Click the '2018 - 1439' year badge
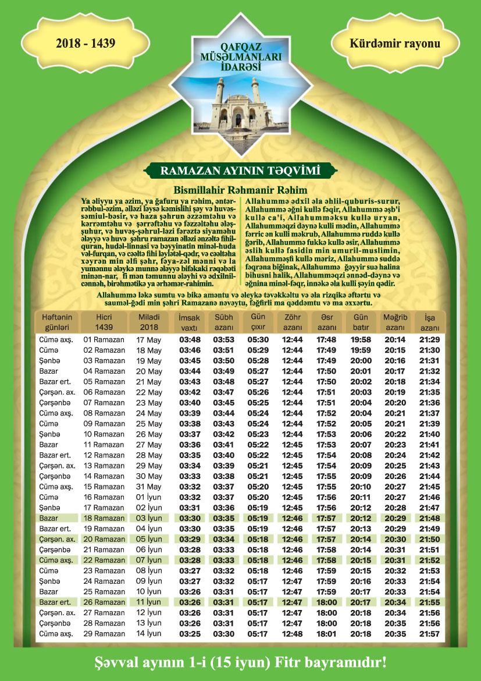point(85,44)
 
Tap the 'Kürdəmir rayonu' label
point(395,44)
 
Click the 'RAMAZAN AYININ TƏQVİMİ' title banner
point(240,171)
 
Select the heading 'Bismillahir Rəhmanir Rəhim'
point(240,190)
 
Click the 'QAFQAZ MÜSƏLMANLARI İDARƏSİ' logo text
point(240,59)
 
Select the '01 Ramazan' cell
point(104,339)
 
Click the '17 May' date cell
point(149,339)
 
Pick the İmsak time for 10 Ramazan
point(190,434)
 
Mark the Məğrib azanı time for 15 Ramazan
point(395,487)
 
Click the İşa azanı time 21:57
point(429,634)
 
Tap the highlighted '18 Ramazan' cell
point(104,518)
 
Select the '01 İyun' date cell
point(149,497)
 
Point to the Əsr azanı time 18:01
point(327,634)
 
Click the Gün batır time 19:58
point(361,339)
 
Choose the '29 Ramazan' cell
point(104,634)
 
